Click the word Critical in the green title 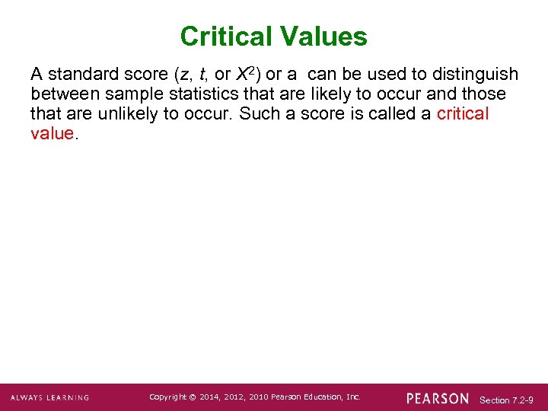point(226,37)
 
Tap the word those point(486,94)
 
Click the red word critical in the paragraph point(463,114)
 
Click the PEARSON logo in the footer point(438,398)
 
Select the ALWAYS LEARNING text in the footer point(49,398)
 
